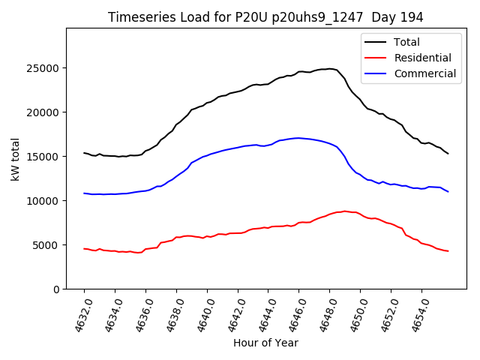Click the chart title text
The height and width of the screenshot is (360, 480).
pyautogui.click(x=265, y=17)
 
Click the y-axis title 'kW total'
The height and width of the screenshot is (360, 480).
pyautogui.click(x=16, y=158)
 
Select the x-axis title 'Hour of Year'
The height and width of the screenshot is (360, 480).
pyautogui.click(x=265, y=343)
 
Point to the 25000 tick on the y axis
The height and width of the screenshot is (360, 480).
pyautogui.click(x=45, y=68)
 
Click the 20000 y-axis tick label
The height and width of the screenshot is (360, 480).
pyautogui.click(x=45, y=112)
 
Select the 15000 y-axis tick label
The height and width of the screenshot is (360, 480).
pyautogui.click(x=45, y=157)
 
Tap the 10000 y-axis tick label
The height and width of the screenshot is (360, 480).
pyautogui.click(x=45, y=201)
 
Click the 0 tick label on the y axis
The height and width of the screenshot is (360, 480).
pyautogui.click(x=57, y=289)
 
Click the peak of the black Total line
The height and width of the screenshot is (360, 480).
pyautogui.click(x=328, y=69)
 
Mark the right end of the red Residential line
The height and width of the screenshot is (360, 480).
pyautogui.click(x=448, y=250)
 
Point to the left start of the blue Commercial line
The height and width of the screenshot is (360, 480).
pyautogui.click(x=84, y=193)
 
